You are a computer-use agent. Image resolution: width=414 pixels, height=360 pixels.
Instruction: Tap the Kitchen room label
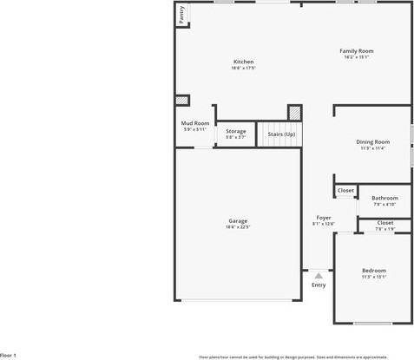[x=243, y=61]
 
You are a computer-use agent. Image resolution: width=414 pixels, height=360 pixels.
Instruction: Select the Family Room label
[x=356, y=51]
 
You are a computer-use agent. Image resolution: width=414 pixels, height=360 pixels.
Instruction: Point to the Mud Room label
[x=195, y=124]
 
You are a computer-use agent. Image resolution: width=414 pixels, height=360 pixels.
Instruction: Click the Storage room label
[x=235, y=131]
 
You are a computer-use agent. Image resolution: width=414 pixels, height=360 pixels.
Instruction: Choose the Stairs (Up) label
[x=280, y=134]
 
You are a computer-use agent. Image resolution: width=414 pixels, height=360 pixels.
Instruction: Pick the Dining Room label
[x=373, y=141]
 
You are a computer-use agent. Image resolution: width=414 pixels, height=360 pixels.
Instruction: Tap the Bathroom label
[x=384, y=198]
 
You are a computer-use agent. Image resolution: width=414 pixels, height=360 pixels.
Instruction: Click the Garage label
[x=237, y=221]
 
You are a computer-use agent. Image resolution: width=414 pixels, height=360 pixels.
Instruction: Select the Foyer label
[x=323, y=218]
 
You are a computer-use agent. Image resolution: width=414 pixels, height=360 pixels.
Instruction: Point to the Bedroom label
[x=374, y=271]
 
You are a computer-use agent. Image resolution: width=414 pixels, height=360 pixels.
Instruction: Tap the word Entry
[x=319, y=285]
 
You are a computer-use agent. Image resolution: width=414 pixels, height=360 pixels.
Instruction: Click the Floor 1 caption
[x=9, y=355]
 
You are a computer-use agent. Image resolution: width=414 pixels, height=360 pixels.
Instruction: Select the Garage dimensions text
[x=237, y=227]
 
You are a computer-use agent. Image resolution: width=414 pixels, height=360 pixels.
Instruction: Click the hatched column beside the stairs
[x=295, y=112]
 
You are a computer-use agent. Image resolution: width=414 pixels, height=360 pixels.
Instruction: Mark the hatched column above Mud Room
[x=182, y=101]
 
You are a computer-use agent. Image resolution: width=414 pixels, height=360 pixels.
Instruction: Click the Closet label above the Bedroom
[x=384, y=223]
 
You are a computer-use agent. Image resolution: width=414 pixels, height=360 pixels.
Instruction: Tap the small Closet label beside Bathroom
[x=345, y=190]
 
